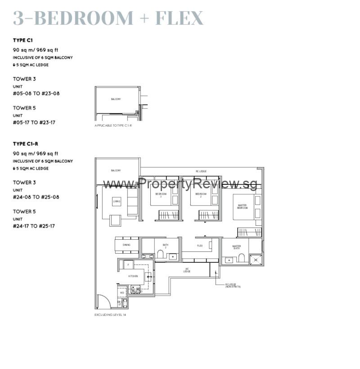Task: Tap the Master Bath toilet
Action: pyautogui.click(x=241, y=257)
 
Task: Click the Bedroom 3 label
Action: pyautogui.click(x=161, y=195)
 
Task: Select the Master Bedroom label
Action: pyautogui.click(x=242, y=206)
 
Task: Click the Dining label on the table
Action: pyautogui.click(x=126, y=245)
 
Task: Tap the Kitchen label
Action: pyautogui.click(x=132, y=276)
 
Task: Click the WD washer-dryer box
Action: pyautogui.click(x=121, y=293)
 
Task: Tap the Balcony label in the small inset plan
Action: pyautogui.click(x=116, y=99)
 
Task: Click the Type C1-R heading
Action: pyautogui.click(x=25, y=144)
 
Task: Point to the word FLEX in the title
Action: pyautogui.click(x=179, y=18)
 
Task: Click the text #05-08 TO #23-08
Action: pyautogui.click(x=36, y=94)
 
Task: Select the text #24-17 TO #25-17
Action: pyautogui.click(x=36, y=226)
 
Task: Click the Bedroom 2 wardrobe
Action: pyautogui.click(x=208, y=215)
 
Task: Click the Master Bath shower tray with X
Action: pyautogui.click(x=256, y=260)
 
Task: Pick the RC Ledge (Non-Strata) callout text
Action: pyautogui.click(x=233, y=286)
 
